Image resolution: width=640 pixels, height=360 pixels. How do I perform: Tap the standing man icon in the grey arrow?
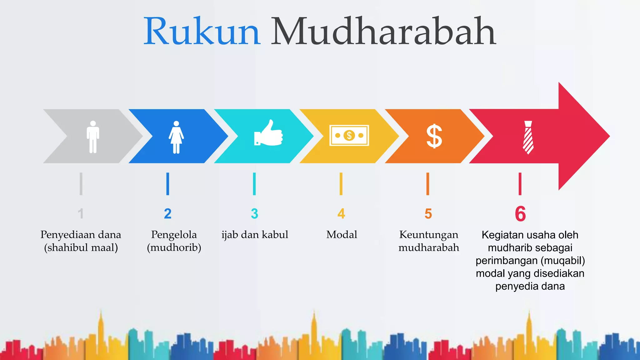(93, 137)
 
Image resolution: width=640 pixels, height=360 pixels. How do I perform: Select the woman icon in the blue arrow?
(176, 137)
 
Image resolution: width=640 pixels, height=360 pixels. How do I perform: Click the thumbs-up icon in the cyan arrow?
(268, 133)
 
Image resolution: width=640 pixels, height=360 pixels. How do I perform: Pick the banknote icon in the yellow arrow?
(349, 135)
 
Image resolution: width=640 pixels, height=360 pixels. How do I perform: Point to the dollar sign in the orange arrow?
(434, 136)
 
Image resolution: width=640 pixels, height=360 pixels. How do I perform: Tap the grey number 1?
(81, 214)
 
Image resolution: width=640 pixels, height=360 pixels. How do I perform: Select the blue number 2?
(168, 214)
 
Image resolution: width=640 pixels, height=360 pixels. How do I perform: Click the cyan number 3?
(254, 214)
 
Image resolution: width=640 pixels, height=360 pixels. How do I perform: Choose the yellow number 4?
(341, 214)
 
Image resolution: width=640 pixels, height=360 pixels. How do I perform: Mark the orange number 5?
(428, 214)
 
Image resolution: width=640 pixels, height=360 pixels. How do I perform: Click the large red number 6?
(520, 214)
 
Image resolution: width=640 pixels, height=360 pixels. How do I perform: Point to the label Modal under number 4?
(342, 234)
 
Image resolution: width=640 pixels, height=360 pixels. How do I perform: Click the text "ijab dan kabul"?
(255, 234)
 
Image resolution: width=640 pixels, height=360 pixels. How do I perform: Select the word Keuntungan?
(429, 234)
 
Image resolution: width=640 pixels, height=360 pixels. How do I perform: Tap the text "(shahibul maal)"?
(81, 247)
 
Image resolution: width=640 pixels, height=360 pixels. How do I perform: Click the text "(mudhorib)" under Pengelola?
(174, 247)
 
